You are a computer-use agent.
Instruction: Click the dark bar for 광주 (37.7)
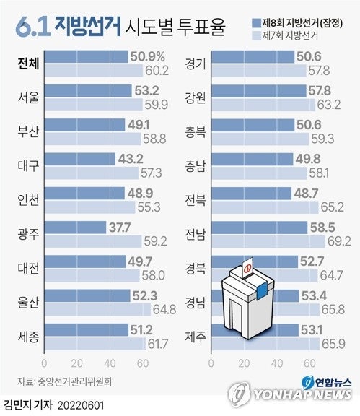pos(75,227)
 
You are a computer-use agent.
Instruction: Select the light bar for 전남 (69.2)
pos(268,241)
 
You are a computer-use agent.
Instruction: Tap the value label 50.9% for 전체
pos(148,56)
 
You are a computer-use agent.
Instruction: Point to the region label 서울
pos(28,97)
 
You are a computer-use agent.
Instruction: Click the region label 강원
pos(196,97)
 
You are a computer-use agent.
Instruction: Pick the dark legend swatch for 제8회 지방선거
pos(256,23)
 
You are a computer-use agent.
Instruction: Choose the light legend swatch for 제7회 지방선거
pos(256,35)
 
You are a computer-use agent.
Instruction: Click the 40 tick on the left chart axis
pos(110,363)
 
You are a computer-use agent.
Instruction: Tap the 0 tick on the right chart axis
pos(211,363)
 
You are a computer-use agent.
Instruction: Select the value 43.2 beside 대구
pos(131,159)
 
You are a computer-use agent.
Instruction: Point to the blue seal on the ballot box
pos(261,291)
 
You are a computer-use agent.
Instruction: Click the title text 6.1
pos(33,27)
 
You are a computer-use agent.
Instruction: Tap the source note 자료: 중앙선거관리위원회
pos(64,381)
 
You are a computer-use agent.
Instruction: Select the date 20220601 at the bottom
pos(81,406)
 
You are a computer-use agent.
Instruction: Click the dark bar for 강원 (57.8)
pos(259,91)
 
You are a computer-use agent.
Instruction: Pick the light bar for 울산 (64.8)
pos(97,309)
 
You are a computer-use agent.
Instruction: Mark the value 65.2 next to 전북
pos(332,207)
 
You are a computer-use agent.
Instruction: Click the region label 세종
pos(28,337)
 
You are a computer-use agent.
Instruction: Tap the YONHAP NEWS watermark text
pos(302,394)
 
